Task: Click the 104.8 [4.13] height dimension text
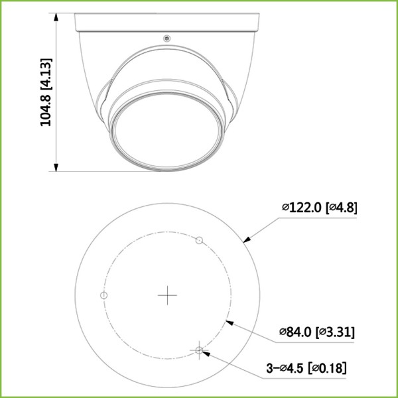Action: click(x=46, y=92)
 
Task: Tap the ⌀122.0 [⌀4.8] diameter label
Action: click(x=319, y=208)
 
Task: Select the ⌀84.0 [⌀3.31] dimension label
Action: click(x=316, y=332)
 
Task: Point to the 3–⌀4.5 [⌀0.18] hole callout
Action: click(x=304, y=367)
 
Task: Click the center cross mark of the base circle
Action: click(x=167, y=295)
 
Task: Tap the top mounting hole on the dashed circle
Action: click(x=198, y=239)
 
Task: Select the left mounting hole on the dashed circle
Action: click(x=103, y=295)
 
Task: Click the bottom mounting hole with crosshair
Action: click(x=199, y=349)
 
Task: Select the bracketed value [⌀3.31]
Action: click(x=336, y=332)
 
